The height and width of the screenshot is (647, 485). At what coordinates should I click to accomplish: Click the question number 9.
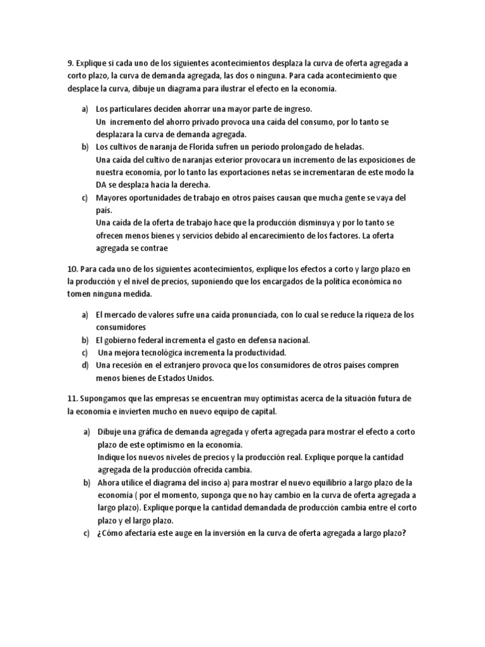(71, 63)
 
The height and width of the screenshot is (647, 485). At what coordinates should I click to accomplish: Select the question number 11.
(73, 399)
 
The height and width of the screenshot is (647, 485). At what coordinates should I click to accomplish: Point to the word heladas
(347, 147)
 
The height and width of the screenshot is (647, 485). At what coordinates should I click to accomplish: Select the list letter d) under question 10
(85, 365)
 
